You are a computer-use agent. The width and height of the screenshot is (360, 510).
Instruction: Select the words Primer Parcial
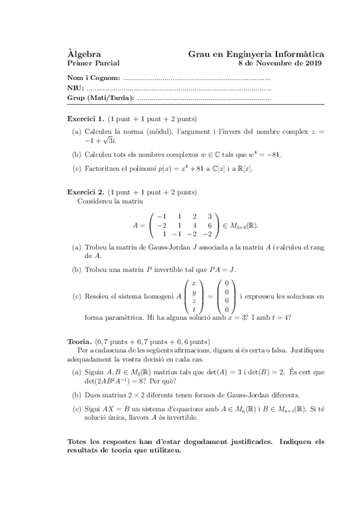[x=94, y=63]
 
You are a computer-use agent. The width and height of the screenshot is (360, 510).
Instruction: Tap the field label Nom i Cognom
[x=94, y=78]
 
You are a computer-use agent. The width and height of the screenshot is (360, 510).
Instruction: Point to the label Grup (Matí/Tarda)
[x=100, y=98]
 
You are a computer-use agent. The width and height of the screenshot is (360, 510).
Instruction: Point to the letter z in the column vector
[x=194, y=300]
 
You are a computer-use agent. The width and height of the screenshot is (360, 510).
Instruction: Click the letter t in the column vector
[x=194, y=309]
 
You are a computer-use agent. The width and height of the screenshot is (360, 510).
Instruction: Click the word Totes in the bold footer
[x=79, y=441]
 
